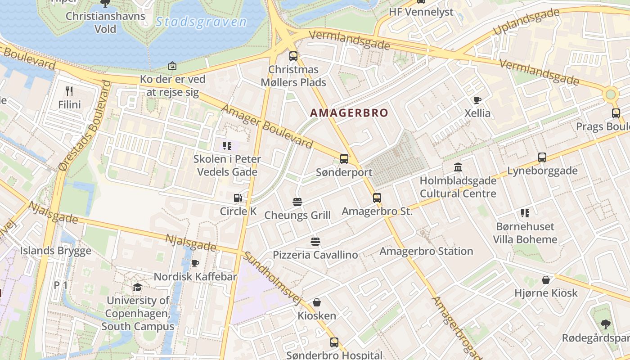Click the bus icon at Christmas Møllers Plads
(x=293, y=56)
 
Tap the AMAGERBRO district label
(x=349, y=112)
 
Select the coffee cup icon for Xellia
(x=477, y=100)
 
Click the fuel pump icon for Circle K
(x=238, y=198)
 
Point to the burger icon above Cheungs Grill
(x=297, y=202)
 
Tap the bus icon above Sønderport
(x=344, y=159)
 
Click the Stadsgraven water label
(x=201, y=22)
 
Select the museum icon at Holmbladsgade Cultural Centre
(x=458, y=167)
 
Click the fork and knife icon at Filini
(x=69, y=91)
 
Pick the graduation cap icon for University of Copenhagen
(x=137, y=287)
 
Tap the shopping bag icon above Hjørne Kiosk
(x=546, y=280)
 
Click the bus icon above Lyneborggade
(x=542, y=157)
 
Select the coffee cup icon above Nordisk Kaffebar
(x=195, y=263)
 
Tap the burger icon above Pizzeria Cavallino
(x=315, y=242)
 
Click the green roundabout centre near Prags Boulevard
(x=610, y=94)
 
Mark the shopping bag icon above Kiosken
(x=317, y=302)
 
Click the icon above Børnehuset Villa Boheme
(x=525, y=213)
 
